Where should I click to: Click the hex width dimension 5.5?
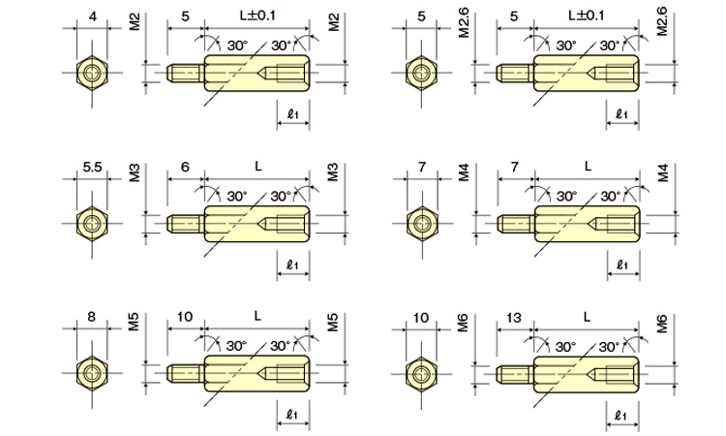(x=92, y=167)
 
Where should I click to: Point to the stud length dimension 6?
(x=185, y=167)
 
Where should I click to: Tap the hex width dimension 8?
(x=92, y=317)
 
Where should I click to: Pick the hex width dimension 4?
(x=92, y=16)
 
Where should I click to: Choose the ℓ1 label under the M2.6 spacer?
(x=622, y=114)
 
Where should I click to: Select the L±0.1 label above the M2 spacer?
(x=256, y=16)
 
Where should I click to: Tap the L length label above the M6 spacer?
(x=587, y=317)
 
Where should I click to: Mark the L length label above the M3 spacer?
(x=257, y=167)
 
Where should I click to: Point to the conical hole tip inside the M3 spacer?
(x=263, y=223)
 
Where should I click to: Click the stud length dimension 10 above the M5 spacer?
(x=185, y=317)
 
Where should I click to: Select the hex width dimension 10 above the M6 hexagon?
(x=422, y=317)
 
